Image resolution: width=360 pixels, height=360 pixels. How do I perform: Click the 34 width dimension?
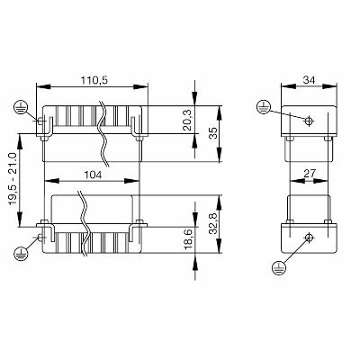pyautogui.click(x=308, y=80)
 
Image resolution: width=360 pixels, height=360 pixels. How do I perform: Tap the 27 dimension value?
pyautogui.click(x=308, y=171)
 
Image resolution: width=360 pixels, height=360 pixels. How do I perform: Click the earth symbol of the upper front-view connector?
pyautogui.click(x=20, y=108)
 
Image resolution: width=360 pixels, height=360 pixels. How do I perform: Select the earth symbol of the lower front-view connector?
pyautogui.click(x=20, y=255)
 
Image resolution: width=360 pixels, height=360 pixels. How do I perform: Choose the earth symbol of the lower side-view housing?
pyautogui.click(x=278, y=266)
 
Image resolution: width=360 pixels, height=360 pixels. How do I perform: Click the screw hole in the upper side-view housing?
pyautogui.click(x=309, y=120)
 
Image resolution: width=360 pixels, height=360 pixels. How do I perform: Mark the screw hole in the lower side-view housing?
pyautogui.click(x=309, y=237)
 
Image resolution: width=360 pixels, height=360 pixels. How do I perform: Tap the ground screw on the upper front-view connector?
pyautogui.click(x=40, y=121)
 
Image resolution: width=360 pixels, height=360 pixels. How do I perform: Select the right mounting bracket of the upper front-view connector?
pyautogui.click(x=138, y=126)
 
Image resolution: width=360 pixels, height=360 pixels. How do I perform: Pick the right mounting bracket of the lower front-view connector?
pyautogui.click(x=138, y=231)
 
